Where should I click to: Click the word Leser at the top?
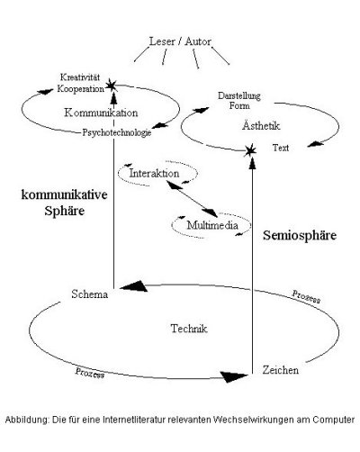click(162, 41)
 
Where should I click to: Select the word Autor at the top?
click(198, 41)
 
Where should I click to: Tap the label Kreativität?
click(80, 77)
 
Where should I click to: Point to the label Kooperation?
click(81, 89)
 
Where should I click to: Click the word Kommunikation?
click(101, 113)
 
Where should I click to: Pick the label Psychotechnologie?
click(117, 132)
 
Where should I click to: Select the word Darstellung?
click(239, 96)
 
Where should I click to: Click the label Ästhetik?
click(261, 125)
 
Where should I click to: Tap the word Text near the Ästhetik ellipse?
click(281, 148)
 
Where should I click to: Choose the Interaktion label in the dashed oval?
click(154, 173)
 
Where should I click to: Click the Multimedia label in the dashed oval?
click(212, 225)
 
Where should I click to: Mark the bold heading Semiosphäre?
click(300, 236)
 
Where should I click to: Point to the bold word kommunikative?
click(64, 194)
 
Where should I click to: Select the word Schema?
click(90, 294)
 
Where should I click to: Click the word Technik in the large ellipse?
click(189, 329)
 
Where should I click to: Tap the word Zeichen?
click(281, 370)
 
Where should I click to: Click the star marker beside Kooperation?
click(112, 86)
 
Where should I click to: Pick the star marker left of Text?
click(249, 150)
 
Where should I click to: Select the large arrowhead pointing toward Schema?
click(134, 286)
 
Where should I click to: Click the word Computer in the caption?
click(334, 420)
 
